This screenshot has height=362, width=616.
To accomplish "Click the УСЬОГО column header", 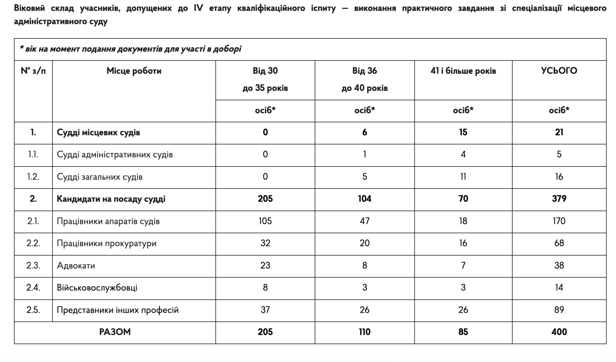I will [x=559, y=71].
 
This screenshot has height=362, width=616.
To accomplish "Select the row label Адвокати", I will [x=76, y=265].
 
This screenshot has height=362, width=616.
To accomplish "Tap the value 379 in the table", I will [x=559, y=199].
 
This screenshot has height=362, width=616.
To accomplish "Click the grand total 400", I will [x=559, y=332].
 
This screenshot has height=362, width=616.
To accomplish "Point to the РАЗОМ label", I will [x=115, y=332].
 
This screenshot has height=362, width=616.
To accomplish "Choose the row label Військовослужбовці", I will [x=97, y=288].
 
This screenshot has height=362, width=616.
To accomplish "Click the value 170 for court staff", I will [x=559, y=221].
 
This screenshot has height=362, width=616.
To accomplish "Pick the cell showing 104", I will [x=365, y=199].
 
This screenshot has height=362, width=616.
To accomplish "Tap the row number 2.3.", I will [x=33, y=265].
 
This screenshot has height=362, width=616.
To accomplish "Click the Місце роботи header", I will [x=134, y=71].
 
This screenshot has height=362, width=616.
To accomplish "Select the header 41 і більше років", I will [x=463, y=71].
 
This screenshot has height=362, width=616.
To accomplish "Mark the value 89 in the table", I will [x=559, y=310].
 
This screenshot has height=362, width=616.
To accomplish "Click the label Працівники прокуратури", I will [x=107, y=244].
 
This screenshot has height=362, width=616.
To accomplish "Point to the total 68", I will [x=559, y=244].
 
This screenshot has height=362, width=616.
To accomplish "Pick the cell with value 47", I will [x=365, y=221].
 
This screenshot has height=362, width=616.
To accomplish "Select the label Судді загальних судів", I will [x=100, y=177].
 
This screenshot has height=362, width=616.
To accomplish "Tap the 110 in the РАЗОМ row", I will [x=365, y=332].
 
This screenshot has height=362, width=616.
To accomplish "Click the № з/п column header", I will [x=33, y=71].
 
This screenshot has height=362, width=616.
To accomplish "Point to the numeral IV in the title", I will [x=199, y=8].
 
